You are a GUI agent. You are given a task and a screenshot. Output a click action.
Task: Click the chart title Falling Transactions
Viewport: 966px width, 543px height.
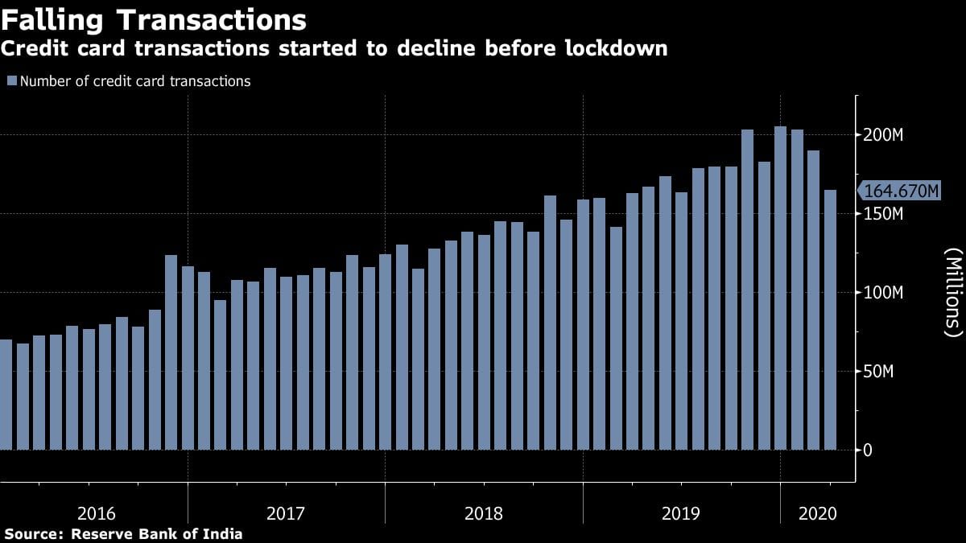pos(154,19)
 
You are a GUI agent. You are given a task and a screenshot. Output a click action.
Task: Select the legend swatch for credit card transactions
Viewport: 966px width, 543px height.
pos(12,81)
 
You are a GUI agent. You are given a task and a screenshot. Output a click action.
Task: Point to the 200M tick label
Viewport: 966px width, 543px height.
pos(884,134)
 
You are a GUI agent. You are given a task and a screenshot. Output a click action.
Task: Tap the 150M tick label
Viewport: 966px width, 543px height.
pos(884,214)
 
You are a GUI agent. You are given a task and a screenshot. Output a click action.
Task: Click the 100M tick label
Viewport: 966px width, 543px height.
pos(884,293)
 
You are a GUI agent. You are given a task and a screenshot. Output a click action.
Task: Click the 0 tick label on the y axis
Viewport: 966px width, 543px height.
pos(867,450)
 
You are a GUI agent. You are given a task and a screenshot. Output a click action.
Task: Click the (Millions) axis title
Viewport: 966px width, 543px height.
pos(953,293)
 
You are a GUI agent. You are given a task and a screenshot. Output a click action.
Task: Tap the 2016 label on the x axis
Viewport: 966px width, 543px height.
pos(97,513)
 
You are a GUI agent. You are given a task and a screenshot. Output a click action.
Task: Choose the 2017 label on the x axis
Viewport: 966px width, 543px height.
pos(286,513)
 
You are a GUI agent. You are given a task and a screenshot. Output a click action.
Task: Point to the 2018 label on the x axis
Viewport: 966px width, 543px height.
pos(484,513)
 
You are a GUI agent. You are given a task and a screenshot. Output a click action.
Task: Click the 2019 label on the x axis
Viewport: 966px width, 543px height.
pos(681,513)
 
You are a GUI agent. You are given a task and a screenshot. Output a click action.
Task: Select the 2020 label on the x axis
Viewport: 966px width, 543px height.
pos(817,513)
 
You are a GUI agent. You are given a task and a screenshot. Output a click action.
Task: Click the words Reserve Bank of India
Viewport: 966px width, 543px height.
pos(157,533)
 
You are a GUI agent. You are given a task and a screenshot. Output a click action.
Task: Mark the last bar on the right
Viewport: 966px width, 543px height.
pos(829,322)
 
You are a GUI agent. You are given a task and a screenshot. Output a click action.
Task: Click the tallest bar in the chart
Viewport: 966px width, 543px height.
pos(780,290)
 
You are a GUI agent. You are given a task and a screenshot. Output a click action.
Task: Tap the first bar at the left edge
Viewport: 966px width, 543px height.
pos(5,394)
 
